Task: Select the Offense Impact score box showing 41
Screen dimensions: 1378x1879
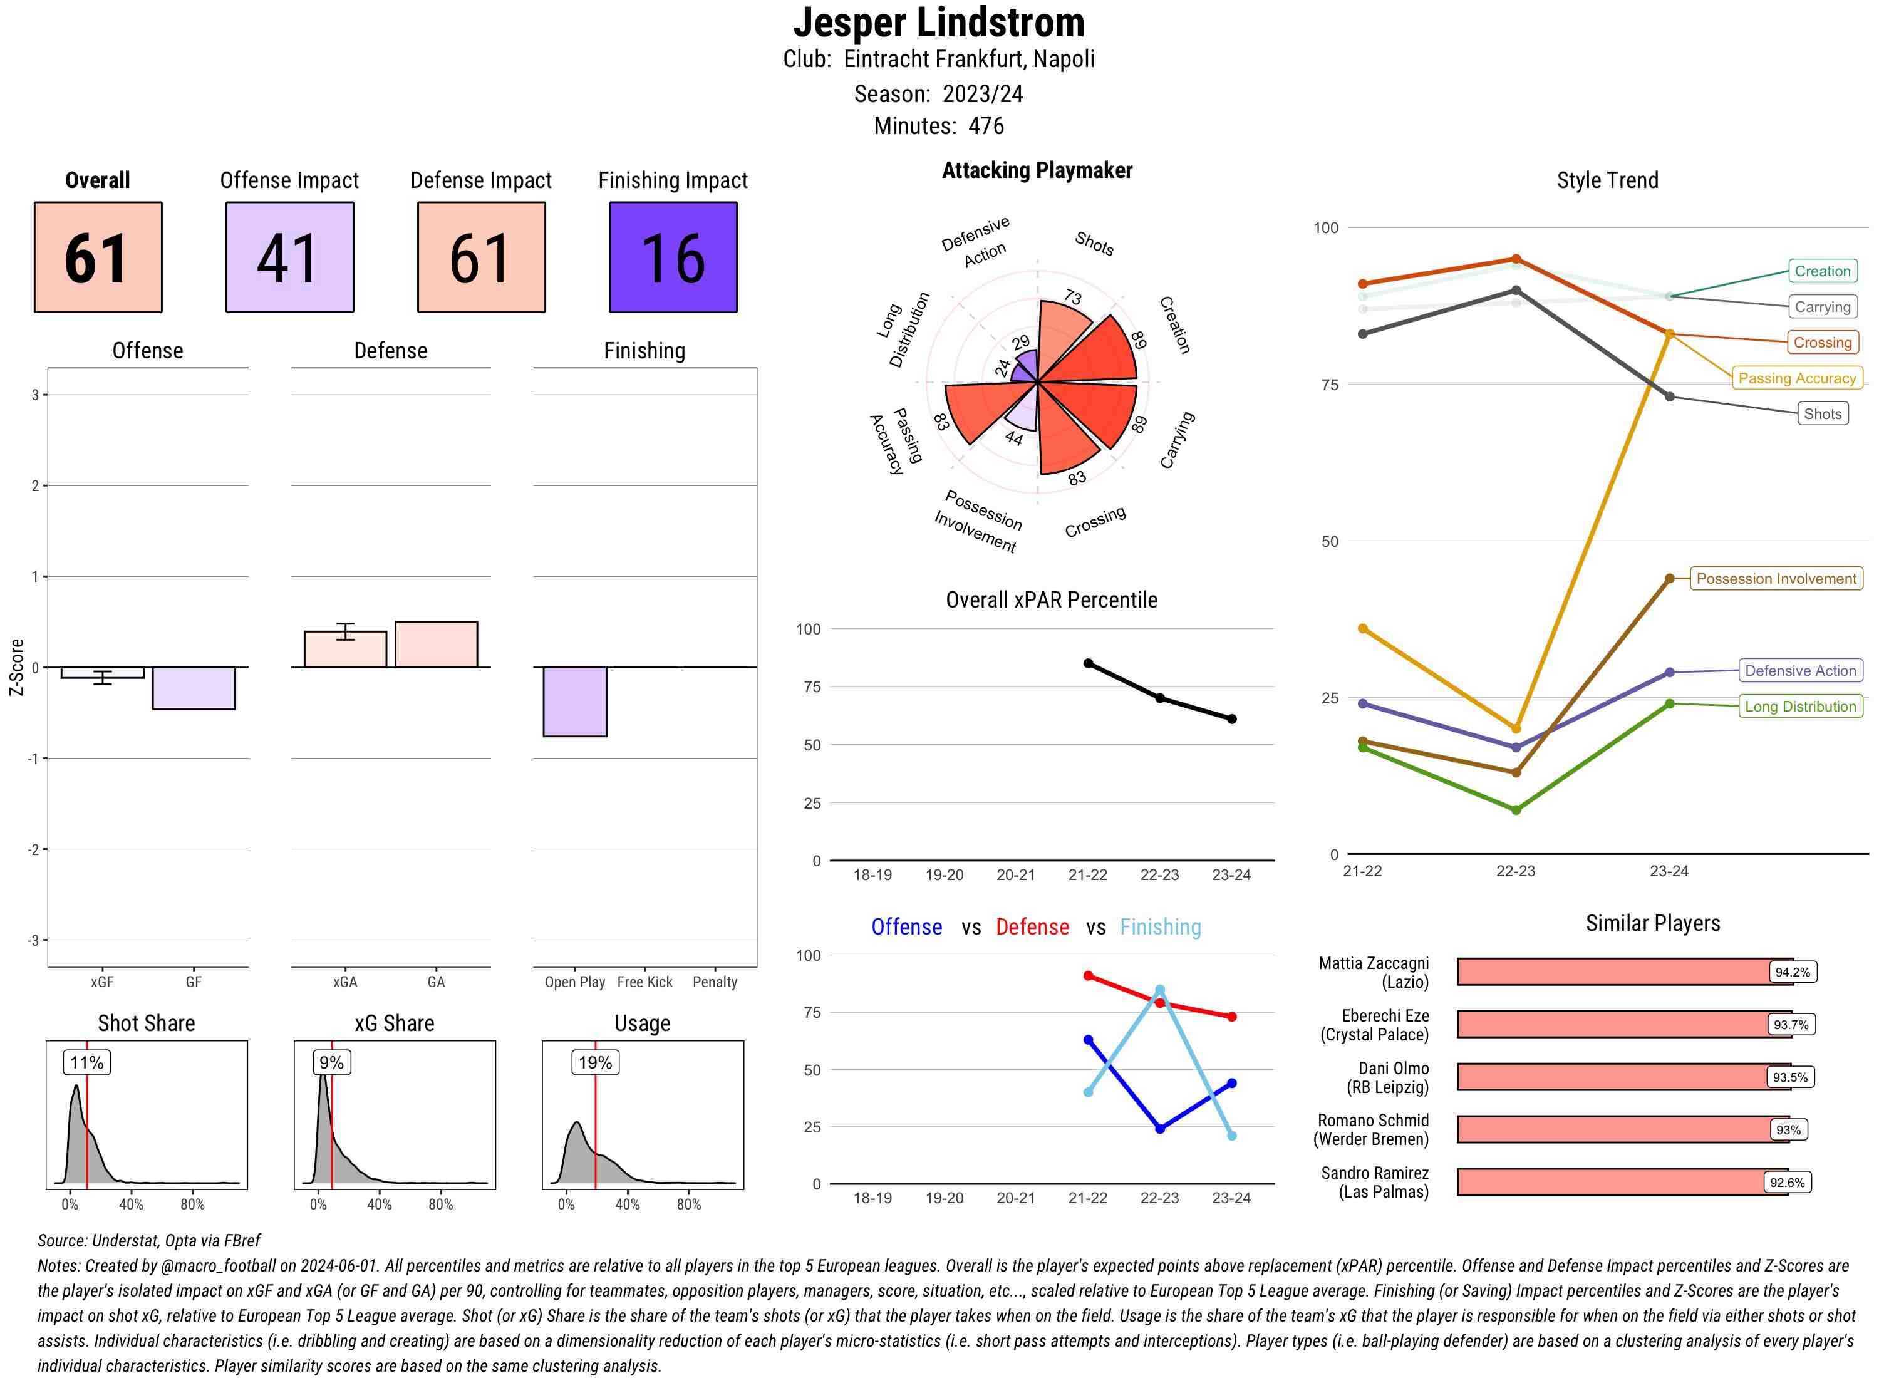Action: tap(289, 257)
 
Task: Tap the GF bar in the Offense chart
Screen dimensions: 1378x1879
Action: tap(194, 688)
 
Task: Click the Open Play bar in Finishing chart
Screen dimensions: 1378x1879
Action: tap(574, 702)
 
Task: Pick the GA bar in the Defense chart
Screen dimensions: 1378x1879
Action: tap(436, 645)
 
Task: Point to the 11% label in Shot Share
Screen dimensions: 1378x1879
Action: tap(86, 1063)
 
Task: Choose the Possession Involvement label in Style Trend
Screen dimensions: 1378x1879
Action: tap(1776, 579)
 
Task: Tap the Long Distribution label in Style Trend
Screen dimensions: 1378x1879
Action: tap(1800, 707)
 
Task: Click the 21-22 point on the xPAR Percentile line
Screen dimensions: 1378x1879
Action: tap(1087, 663)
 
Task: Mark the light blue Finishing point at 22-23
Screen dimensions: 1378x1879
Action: tap(1159, 990)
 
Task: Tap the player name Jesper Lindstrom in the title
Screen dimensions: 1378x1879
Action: tap(938, 23)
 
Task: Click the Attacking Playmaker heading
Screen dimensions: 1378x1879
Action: tap(1037, 171)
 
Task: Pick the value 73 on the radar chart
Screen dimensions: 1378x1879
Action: tap(1072, 298)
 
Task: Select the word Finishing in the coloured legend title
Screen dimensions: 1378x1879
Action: tap(1160, 928)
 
